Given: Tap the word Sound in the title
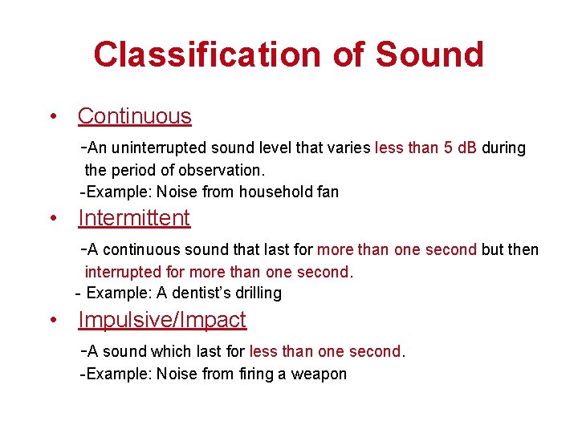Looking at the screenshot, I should click(x=429, y=55).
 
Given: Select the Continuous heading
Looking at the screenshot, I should click(x=135, y=116).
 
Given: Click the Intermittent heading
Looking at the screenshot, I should click(x=134, y=218).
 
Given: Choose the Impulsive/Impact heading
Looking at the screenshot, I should click(x=162, y=320).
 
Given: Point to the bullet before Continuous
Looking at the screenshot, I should click(x=53, y=117).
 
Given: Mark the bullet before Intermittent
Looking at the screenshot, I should click(x=53, y=219).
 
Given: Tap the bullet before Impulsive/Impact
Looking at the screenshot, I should click(x=53, y=321).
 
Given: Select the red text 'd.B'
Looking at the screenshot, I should click(x=466, y=148).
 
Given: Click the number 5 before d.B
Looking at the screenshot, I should click(x=448, y=148).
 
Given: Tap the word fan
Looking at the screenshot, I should click(x=328, y=192).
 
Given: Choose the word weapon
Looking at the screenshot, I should click(x=321, y=374).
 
